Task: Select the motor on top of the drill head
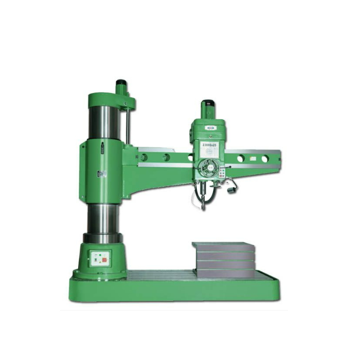[208, 110]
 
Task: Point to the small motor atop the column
[121, 87]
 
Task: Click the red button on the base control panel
[104, 260]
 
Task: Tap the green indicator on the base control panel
[96, 255]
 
